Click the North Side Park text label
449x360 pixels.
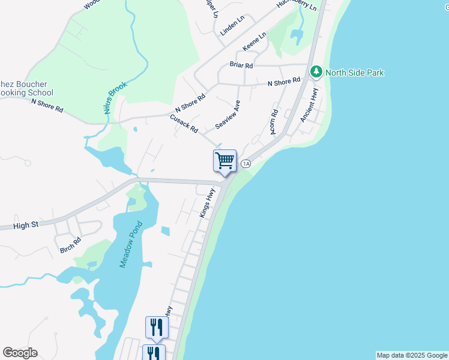354,73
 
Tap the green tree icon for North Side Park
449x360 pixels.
316,73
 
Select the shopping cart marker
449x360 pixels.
224,161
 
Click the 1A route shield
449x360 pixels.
246,164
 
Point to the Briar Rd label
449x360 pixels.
241,65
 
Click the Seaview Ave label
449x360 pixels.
228,115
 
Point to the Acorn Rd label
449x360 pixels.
274,121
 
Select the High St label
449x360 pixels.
26,225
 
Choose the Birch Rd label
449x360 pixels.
70,245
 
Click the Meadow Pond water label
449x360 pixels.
129,245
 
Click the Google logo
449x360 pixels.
20,353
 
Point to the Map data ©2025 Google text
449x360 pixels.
412,355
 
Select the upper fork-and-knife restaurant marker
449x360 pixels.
156,327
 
